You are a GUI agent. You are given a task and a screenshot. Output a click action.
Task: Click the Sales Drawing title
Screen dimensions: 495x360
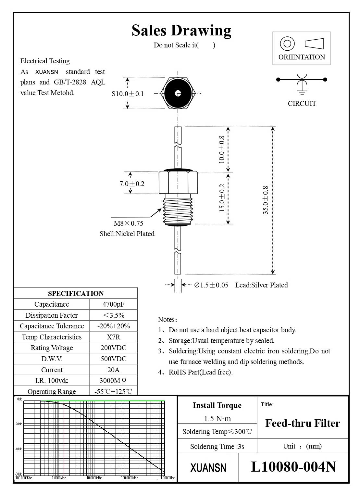181,31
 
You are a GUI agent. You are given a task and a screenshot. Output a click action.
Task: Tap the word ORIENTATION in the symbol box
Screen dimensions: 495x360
302,57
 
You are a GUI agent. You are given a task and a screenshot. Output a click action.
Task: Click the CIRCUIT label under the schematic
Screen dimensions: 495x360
302,104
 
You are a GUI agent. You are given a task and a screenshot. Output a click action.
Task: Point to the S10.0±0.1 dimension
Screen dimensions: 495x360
128,94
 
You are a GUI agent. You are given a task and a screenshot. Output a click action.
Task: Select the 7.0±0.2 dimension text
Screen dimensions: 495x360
132,184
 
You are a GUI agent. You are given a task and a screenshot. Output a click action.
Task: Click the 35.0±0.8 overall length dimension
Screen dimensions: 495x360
266,200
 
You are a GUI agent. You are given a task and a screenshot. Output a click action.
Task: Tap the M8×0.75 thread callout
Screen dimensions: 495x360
129,223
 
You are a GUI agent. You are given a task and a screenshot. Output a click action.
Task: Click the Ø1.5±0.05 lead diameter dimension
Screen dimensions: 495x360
211,285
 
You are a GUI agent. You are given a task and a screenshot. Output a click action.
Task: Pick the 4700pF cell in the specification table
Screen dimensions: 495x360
113,304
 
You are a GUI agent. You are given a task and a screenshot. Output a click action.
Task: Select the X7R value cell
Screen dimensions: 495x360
113,337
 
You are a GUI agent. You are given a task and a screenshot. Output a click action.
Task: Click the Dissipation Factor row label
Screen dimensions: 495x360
52,315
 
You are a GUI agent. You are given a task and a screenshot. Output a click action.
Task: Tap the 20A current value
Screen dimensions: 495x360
113,370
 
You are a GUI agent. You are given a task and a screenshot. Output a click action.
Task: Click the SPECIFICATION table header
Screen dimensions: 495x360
76,294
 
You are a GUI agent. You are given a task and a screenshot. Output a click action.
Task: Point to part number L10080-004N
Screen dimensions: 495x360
293,467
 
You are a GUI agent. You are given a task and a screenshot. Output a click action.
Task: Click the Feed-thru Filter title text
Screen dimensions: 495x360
303,423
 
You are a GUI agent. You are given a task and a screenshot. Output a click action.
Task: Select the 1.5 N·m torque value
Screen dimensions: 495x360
217,419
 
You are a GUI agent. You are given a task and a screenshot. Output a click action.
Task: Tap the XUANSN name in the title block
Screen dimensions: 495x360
208,468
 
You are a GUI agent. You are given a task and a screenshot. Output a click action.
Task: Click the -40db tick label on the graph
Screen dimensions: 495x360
19,449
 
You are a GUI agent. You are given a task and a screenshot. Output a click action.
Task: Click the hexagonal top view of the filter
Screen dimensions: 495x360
178,94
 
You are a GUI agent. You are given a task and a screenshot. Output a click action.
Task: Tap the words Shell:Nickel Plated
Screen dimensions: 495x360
127,234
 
